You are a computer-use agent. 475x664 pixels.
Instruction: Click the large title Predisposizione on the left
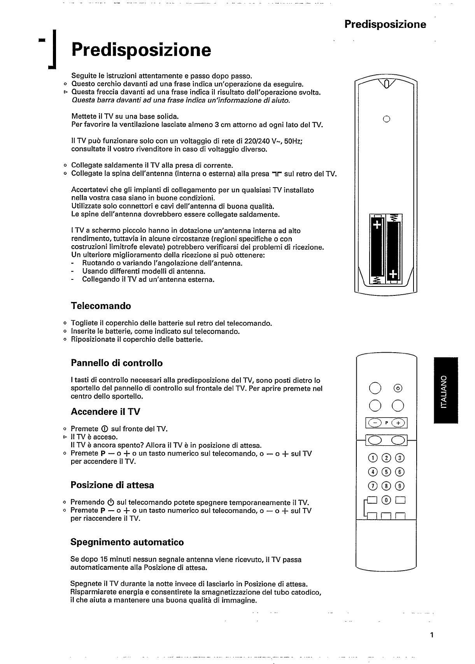(141, 50)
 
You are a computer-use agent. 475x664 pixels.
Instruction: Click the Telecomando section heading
(101, 306)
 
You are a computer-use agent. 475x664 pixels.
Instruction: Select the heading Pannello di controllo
(117, 363)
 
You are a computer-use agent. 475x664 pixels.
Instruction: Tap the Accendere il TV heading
(105, 412)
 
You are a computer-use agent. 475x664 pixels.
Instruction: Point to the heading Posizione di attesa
(112, 485)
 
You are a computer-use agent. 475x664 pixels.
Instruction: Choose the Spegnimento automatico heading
(127, 542)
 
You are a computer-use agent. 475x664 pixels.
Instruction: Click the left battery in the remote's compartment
(377, 249)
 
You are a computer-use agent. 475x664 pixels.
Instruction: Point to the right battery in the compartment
(393, 249)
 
